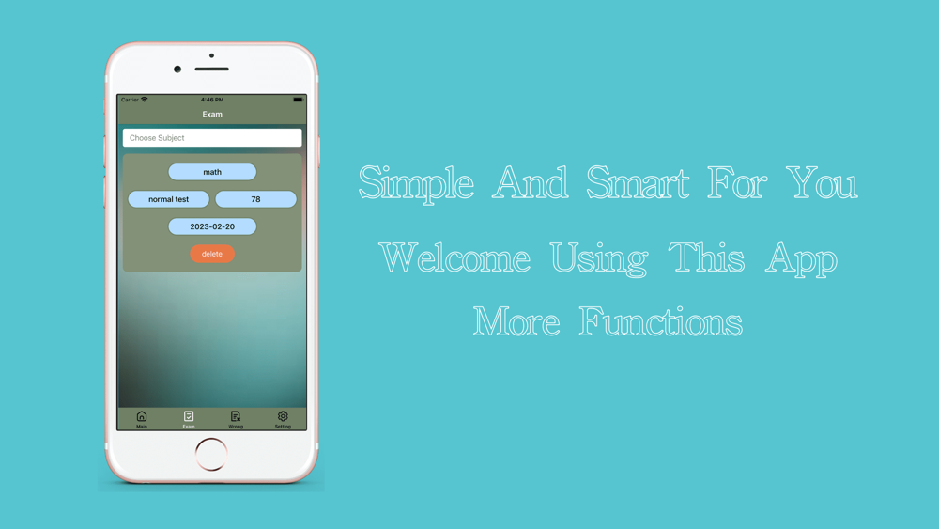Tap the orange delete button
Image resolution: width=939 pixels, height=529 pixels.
pyautogui.click(x=212, y=254)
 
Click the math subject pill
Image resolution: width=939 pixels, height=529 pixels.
pyautogui.click(x=212, y=172)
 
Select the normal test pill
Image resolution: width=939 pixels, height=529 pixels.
pyautogui.click(x=169, y=199)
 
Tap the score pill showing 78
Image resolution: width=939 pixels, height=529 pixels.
pyautogui.click(x=255, y=199)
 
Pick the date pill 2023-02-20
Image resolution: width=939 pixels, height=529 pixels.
pyautogui.click(x=212, y=226)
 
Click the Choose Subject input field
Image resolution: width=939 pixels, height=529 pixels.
pyautogui.click(x=212, y=138)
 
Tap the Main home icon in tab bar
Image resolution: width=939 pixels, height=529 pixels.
pyautogui.click(x=142, y=415)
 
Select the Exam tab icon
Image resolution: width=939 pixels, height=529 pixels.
pyautogui.click(x=189, y=415)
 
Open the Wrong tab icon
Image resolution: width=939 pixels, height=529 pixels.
pyautogui.click(x=236, y=415)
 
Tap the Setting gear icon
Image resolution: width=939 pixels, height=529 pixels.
pyautogui.click(x=283, y=415)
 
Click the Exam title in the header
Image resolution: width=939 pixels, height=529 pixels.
pyautogui.click(x=212, y=114)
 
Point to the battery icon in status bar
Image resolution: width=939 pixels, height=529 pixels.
pyautogui.click(x=298, y=100)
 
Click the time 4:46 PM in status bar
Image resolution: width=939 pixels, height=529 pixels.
pyautogui.click(x=212, y=100)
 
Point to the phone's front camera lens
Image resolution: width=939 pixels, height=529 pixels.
pyautogui.click(x=177, y=69)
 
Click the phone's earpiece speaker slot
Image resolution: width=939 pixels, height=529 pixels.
pyautogui.click(x=211, y=69)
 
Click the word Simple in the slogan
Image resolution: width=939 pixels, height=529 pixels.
pyautogui.click(x=417, y=182)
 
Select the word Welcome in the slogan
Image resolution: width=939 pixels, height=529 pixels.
pyautogui.click(x=455, y=257)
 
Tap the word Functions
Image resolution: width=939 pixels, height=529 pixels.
pyautogui.click(x=660, y=321)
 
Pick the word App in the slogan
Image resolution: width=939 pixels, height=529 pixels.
pyautogui.click(x=801, y=259)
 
